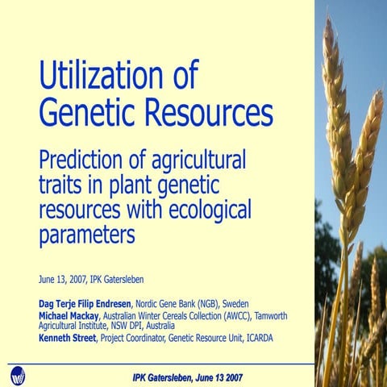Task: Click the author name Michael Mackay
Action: point(72,316)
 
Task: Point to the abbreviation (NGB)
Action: point(207,303)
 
